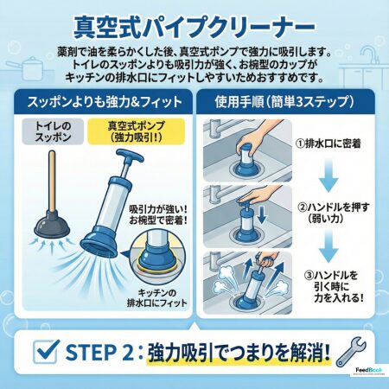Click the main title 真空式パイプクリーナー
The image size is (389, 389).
(194, 28)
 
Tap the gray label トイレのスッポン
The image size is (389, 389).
(53, 131)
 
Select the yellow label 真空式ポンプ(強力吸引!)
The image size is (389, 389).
(136, 131)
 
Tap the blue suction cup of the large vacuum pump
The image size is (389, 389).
(99, 241)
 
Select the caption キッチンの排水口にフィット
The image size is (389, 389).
(157, 298)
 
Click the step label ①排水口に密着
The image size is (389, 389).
(328, 143)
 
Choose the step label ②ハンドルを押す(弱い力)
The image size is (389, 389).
(333, 213)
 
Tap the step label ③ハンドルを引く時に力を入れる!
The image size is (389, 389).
(334, 286)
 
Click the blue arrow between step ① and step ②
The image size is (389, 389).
(328, 175)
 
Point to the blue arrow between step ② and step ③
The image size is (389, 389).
(328, 246)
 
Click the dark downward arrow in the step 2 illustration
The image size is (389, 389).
(261, 215)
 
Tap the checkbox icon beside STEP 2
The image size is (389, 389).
(46, 351)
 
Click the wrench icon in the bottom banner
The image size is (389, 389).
(351, 352)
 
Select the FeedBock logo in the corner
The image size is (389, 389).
(369, 370)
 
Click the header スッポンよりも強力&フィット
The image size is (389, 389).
(105, 102)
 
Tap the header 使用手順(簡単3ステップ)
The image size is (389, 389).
(284, 102)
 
